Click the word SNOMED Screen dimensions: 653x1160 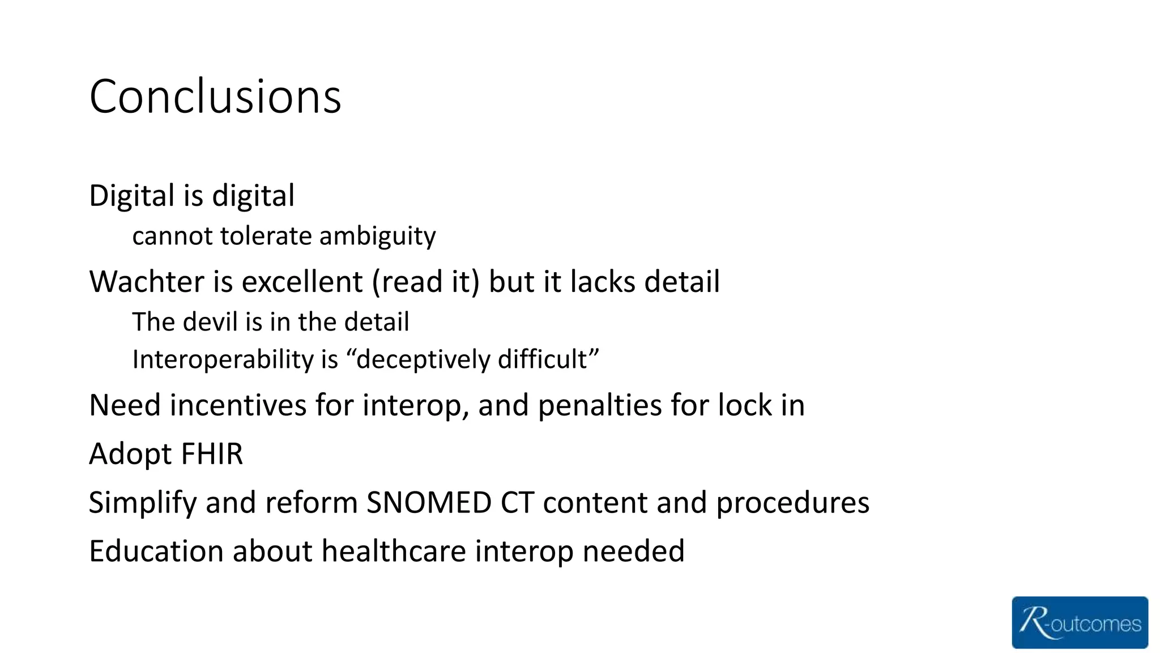tap(429, 502)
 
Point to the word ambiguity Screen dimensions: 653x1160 tap(378, 236)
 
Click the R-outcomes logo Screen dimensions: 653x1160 tap(1080, 622)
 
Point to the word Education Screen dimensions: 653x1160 tap(156, 551)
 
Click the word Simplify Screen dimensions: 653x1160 tap(143, 503)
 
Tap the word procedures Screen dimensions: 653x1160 tap(792, 503)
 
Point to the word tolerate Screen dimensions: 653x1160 tap(266, 236)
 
